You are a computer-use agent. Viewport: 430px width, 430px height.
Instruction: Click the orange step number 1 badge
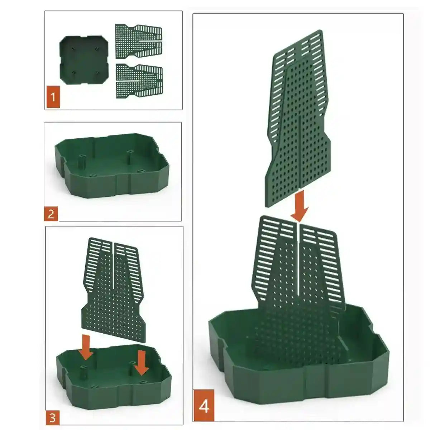tap(53, 97)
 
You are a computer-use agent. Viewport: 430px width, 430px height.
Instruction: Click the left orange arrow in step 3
tap(86, 347)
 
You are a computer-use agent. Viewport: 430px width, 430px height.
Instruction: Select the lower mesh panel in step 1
tap(139, 81)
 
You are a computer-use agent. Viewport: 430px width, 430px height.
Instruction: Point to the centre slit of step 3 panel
tap(114, 265)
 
